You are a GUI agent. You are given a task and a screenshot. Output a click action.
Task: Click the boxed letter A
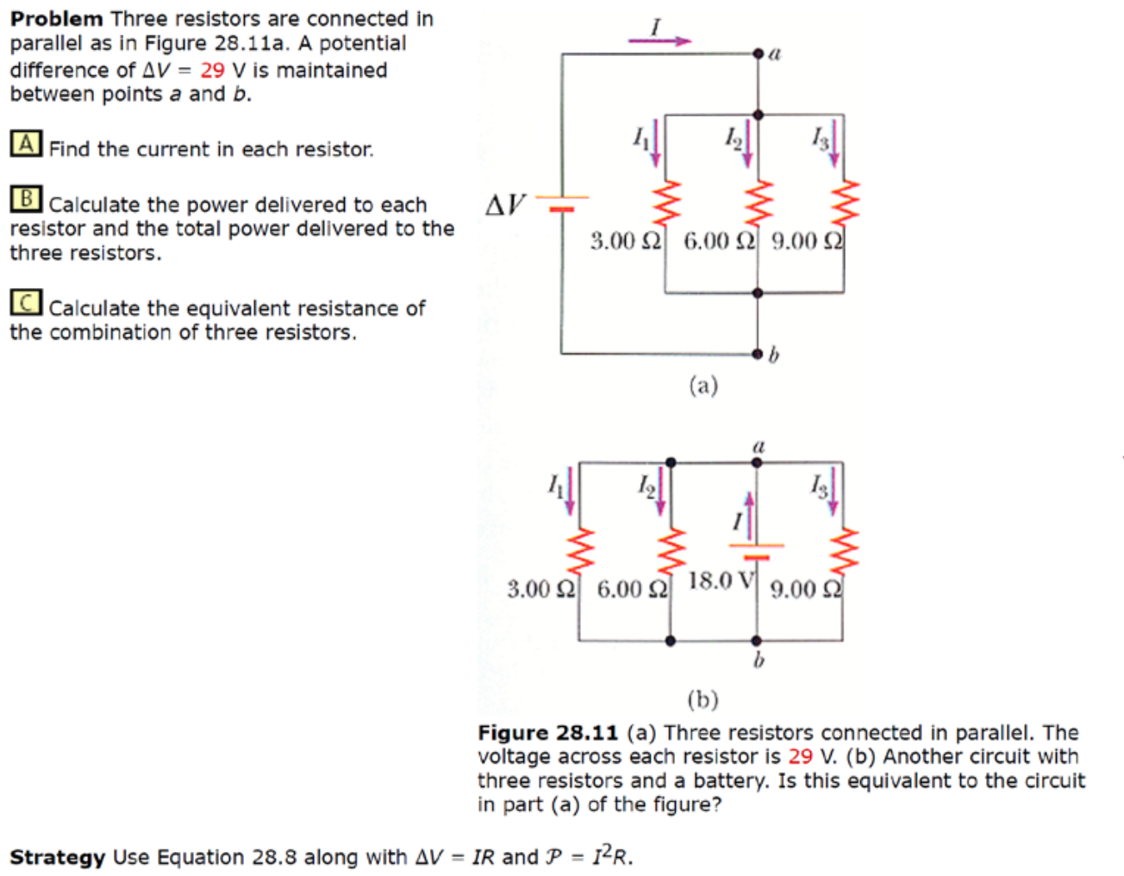26,143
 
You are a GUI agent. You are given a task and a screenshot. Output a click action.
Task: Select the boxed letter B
26,199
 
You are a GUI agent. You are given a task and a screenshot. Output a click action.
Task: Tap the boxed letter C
26,303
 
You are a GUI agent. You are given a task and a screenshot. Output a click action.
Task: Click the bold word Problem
56,19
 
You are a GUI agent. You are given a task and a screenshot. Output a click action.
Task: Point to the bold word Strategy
57,857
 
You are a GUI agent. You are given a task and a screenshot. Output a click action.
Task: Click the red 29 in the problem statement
212,70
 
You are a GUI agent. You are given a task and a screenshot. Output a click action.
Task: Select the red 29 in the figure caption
800,756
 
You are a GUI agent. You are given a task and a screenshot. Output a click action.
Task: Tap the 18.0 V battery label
721,580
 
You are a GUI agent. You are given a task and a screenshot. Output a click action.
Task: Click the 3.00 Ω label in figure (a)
625,241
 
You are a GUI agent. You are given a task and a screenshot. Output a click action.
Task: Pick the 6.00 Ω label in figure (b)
632,590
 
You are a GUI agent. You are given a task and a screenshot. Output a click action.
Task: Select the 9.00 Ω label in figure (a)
807,241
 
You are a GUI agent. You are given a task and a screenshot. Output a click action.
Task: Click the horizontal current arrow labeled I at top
659,40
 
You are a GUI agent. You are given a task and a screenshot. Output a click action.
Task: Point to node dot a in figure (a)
759,54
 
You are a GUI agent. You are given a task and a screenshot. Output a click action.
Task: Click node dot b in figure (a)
758,354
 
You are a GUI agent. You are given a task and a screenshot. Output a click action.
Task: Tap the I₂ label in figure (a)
734,136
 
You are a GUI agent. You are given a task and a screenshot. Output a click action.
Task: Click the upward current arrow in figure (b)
749,514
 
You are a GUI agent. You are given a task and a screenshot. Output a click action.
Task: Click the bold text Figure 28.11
548,733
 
